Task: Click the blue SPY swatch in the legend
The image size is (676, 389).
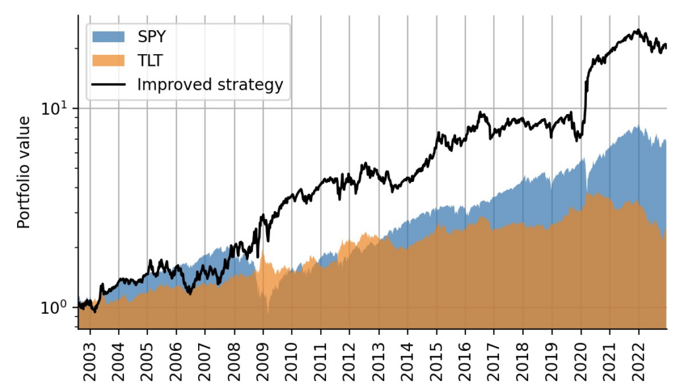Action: tap(109, 37)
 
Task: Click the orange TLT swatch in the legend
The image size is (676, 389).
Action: tap(109, 61)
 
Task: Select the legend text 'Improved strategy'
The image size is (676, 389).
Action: tap(210, 84)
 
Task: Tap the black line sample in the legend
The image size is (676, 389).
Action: tap(109, 84)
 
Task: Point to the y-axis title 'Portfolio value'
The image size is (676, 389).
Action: tap(24, 173)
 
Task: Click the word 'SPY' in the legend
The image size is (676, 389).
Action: tap(152, 37)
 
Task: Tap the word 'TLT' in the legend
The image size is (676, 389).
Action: tap(150, 61)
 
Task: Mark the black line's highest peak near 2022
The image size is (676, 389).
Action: tap(638, 30)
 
